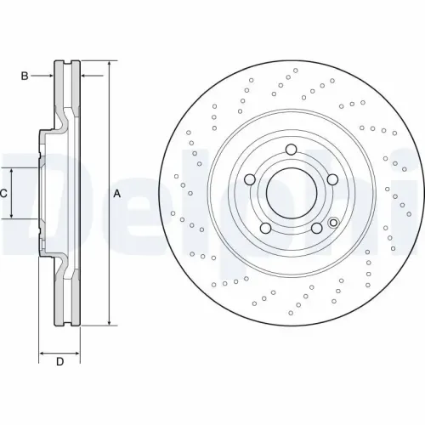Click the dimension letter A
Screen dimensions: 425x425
click(x=117, y=194)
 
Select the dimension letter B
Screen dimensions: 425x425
click(x=25, y=76)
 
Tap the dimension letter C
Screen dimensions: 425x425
click(x=5, y=194)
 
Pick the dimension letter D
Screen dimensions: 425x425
click(x=59, y=363)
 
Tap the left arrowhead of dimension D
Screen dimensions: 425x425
click(x=42, y=351)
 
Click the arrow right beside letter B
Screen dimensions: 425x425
click(x=50, y=76)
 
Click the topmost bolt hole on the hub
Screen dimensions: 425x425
click(x=291, y=151)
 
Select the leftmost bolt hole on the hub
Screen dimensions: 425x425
click(x=251, y=180)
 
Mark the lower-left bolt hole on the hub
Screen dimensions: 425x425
click(x=266, y=228)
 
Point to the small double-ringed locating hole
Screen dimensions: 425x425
click(x=333, y=224)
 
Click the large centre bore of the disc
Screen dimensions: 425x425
click(x=291, y=194)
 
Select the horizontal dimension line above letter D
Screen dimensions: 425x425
click(x=59, y=351)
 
